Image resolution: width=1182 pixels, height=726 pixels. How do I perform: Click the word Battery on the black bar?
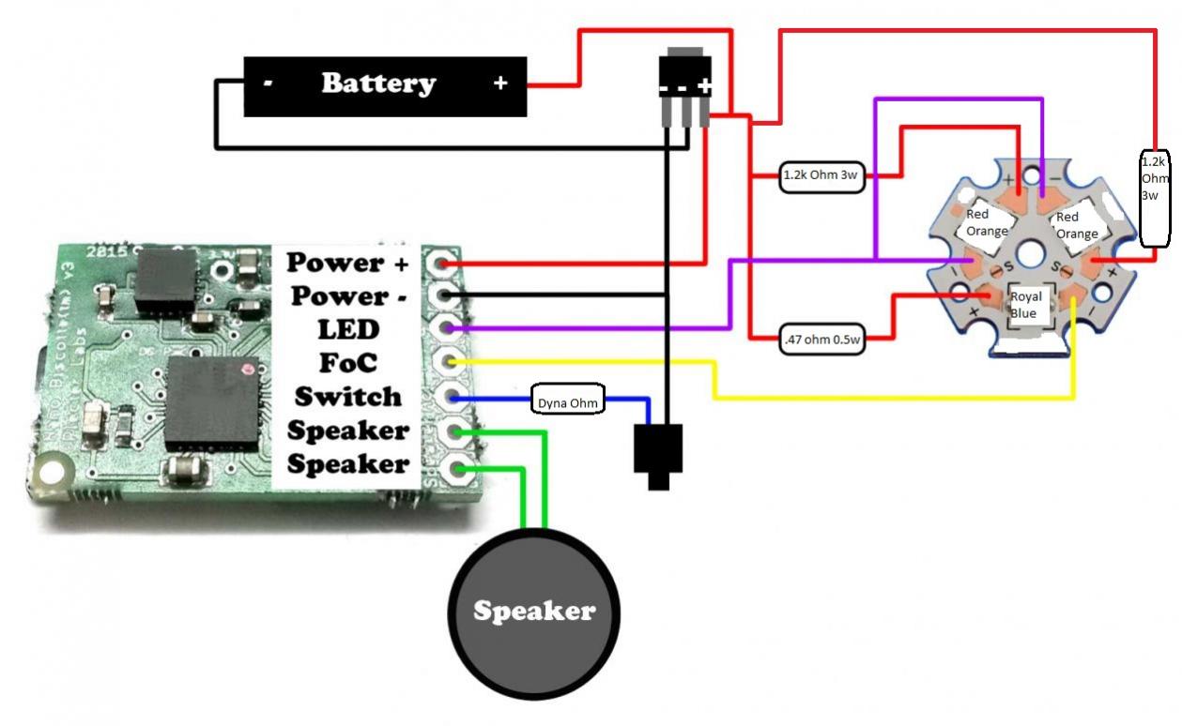click(378, 83)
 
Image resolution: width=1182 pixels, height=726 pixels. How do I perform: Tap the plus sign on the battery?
click(500, 83)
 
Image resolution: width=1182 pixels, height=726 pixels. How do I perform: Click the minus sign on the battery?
click(268, 83)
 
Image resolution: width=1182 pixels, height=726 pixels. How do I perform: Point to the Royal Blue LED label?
click(1025, 306)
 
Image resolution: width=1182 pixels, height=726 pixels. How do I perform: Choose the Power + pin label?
click(348, 263)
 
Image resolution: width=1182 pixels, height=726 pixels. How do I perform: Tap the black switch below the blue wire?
click(658, 453)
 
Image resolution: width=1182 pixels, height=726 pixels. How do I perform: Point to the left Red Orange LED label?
click(986, 222)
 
